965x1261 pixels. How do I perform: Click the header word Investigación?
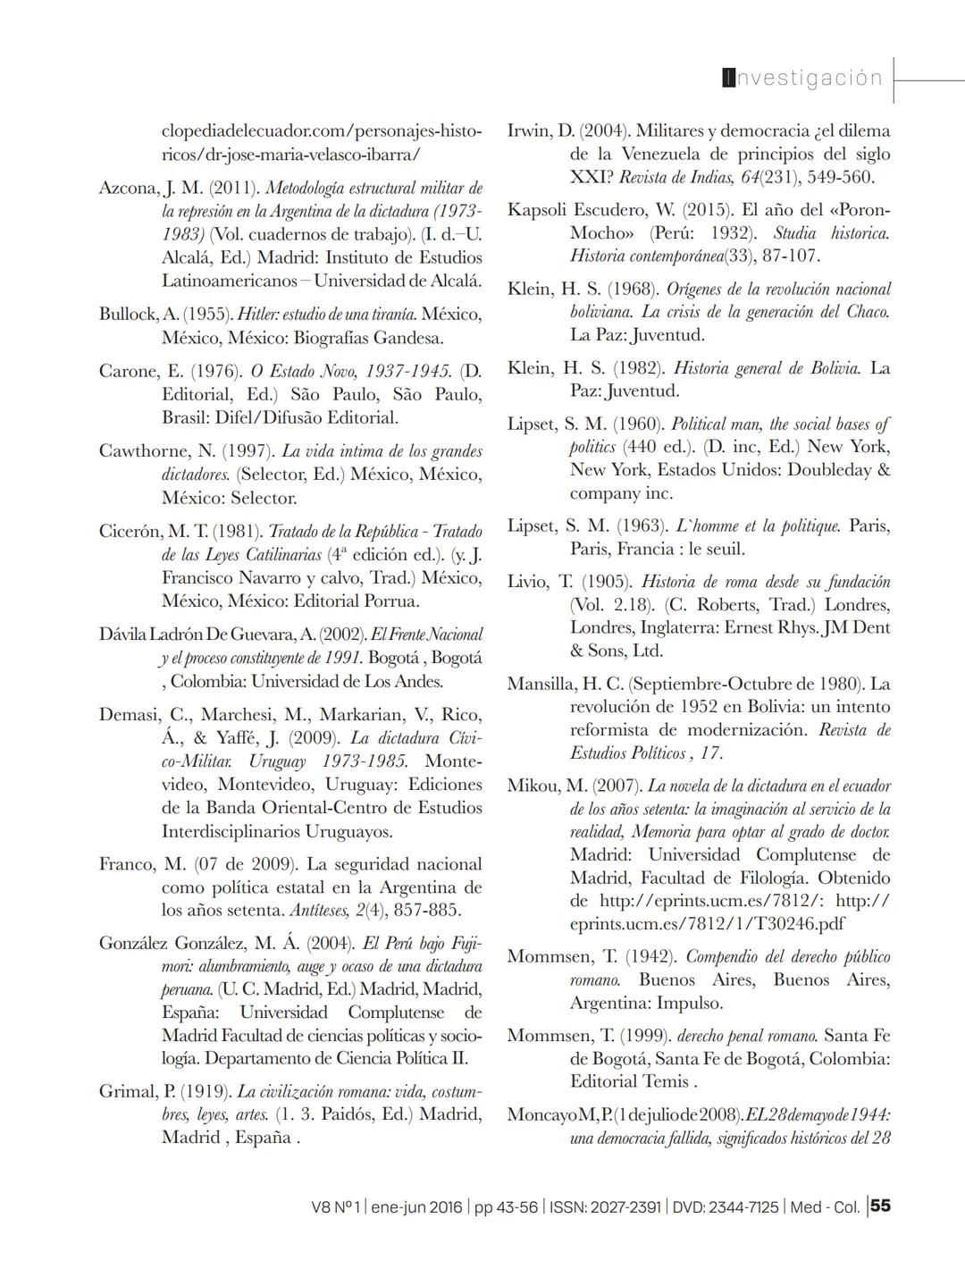(804, 79)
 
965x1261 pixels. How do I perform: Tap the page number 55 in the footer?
(880, 1206)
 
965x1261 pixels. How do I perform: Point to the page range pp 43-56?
(506, 1206)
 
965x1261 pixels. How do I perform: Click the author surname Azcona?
(128, 188)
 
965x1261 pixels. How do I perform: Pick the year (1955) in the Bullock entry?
(208, 315)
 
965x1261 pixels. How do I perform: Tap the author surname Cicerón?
(130, 532)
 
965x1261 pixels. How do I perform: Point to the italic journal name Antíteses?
(321, 911)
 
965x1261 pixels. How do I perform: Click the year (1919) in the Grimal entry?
(206, 1092)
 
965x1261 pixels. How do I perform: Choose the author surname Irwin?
(528, 130)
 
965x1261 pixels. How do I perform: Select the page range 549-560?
(840, 177)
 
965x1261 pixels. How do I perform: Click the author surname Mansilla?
(541, 684)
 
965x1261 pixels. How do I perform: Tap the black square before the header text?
(728, 79)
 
